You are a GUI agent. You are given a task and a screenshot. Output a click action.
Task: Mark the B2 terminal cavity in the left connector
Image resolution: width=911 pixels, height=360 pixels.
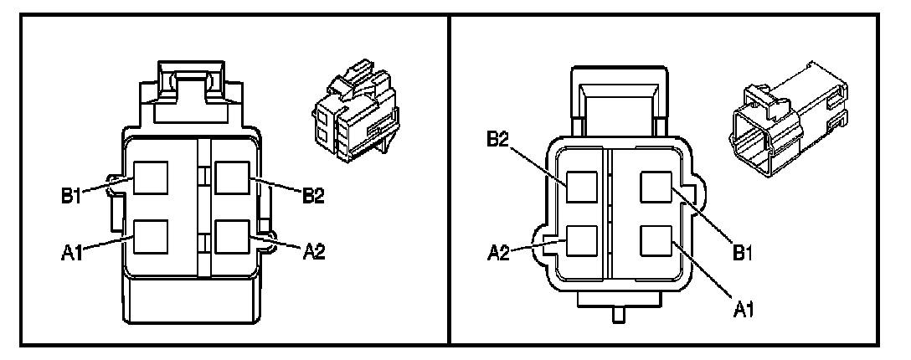click(231, 177)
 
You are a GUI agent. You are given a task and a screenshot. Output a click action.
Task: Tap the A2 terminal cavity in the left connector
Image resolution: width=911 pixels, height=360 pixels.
click(231, 237)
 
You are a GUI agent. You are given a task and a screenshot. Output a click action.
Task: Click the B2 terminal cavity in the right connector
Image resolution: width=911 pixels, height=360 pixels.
click(582, 187)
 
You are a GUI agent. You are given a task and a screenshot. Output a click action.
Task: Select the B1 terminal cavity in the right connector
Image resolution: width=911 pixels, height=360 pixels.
click(656, 187)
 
